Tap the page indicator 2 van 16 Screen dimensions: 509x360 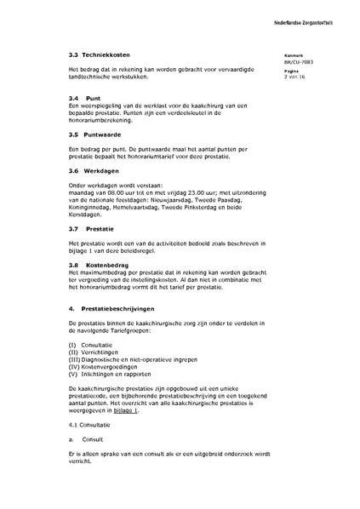tap(296, 77)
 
